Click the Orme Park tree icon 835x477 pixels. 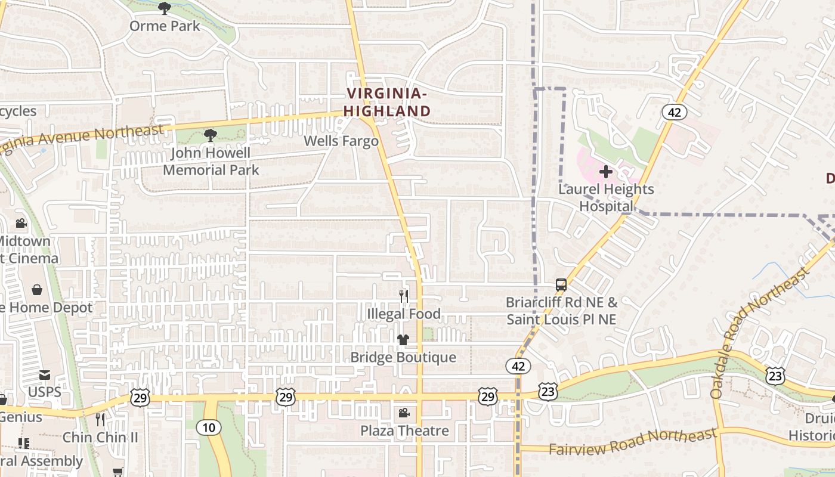point(165,8)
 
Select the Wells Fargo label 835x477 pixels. point(341,141)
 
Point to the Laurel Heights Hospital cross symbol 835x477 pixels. point(606,172)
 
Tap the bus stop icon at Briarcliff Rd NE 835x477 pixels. point(561,285)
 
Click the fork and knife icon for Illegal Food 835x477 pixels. point(404,296)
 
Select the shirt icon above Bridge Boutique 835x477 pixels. point(403,340)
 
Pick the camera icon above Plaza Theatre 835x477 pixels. point(404,413)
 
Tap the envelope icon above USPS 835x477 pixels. point(45,375)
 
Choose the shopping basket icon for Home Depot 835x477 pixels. point(37,290)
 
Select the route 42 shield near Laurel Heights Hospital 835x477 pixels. point(675,112)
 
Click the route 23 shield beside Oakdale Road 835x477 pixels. point(776,376)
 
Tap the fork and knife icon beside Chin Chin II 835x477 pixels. point(100,420)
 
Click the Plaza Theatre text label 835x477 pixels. point(404,430)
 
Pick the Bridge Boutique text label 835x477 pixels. point(403,357)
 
